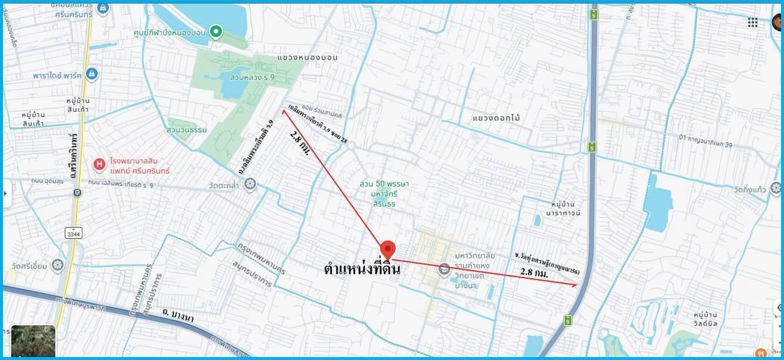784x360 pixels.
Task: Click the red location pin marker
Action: tap(388, 249)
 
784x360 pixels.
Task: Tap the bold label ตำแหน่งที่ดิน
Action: tap(362, 269)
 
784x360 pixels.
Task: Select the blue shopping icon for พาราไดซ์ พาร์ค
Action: tap(91, 75)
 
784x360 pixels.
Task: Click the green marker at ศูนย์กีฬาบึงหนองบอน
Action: tap(216, 31)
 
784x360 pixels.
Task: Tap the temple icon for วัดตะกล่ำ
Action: tap(250, 184)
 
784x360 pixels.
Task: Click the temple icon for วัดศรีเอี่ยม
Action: tap(60, 266)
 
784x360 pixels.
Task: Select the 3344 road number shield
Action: tap(73, 234)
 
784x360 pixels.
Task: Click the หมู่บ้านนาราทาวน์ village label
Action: tap(556, 208)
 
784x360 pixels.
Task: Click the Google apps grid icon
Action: tap(753, 22)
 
